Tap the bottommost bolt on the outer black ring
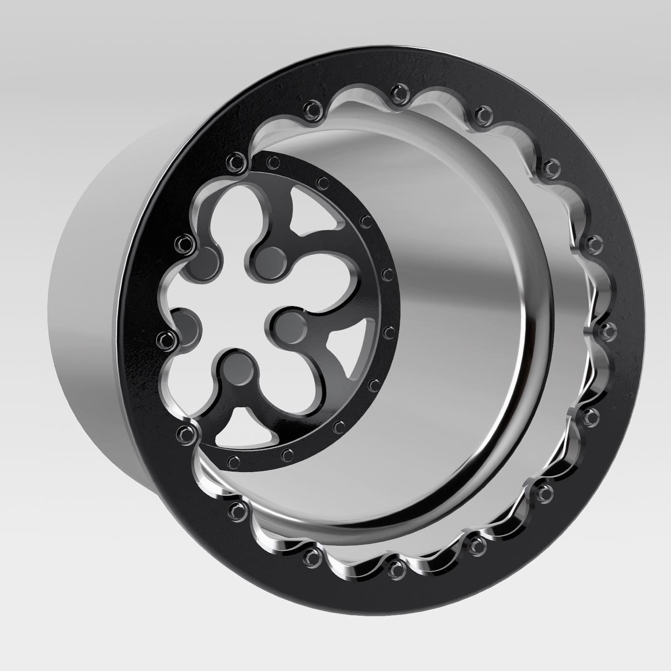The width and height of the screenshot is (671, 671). pyautogui.click(x=395, y=568)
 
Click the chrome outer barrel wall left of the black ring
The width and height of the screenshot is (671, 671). pyautogui.click(x=93, y=326)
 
